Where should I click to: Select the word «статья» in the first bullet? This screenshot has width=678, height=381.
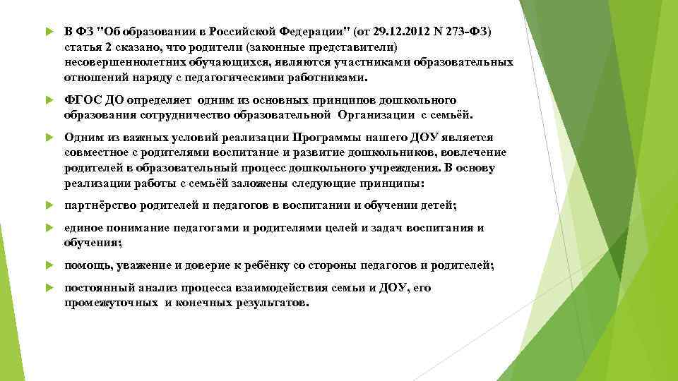coord(82,47)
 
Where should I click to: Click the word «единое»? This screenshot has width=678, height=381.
coord(83,228)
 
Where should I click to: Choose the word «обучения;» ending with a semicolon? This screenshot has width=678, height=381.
coord(93,242)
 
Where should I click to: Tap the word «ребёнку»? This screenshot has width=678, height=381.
coord(287,265)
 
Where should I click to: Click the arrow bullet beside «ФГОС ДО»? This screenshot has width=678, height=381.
coord(48,100)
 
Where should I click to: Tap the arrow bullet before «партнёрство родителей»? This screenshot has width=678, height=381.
coord(48,206)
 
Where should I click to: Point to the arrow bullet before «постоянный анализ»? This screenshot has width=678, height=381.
coord(48,289)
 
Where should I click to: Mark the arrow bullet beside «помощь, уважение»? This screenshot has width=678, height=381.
coord(48,266)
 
